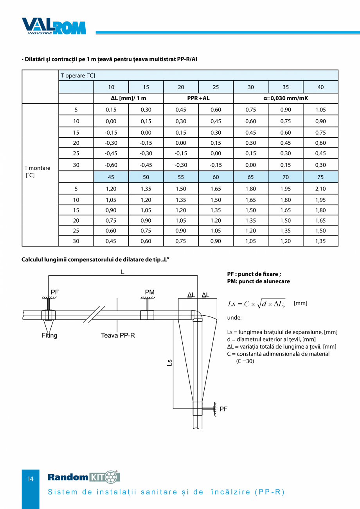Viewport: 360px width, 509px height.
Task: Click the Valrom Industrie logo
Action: (x=54, y=26)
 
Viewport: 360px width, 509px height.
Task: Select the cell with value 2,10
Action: (x=320, y=189)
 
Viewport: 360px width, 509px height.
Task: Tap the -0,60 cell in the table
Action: (x=111, y=165)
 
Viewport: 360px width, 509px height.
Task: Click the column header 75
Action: (x=320, y=177)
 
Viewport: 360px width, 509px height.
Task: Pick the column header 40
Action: (x=320, y=87)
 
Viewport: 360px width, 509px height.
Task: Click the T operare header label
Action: (x=78, y=76)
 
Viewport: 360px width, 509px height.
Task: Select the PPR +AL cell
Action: (x=198, y=98)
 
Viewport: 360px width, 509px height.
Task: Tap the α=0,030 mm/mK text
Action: (x=286, y=98)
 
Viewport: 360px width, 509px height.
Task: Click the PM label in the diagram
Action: (x=150, y=292)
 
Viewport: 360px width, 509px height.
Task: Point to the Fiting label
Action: (x=50, y=335)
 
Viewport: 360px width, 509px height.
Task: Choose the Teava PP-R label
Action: (x=118, y=335)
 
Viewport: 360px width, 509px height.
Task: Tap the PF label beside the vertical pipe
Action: (x=223, y=409)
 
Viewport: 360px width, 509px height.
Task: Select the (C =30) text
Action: (x=245, y=361)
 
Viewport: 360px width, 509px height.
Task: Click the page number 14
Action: (x=31, y=479)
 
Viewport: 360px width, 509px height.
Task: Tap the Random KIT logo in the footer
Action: (x=84, y=477)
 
